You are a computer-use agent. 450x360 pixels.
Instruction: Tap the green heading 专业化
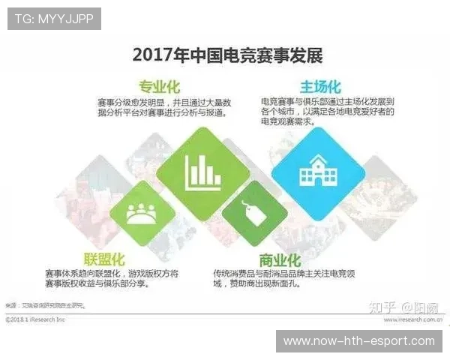pyautogui.click(x=159, y=86)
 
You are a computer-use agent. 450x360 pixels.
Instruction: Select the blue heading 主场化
pyautogui.click(x=320, y=86)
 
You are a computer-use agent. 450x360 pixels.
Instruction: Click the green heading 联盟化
pyautogui.click(x=104, y=259)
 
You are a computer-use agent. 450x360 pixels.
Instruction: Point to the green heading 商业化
pyautogui.click(x=280, y=260)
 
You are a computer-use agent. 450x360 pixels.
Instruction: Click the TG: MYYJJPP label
pyautogui.click(x=54, y=19)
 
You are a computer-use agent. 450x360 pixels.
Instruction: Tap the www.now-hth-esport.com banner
pyautogui.click(x=359, y=341)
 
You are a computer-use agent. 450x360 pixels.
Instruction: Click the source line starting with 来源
pyautogui.click(x=45, y=306)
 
